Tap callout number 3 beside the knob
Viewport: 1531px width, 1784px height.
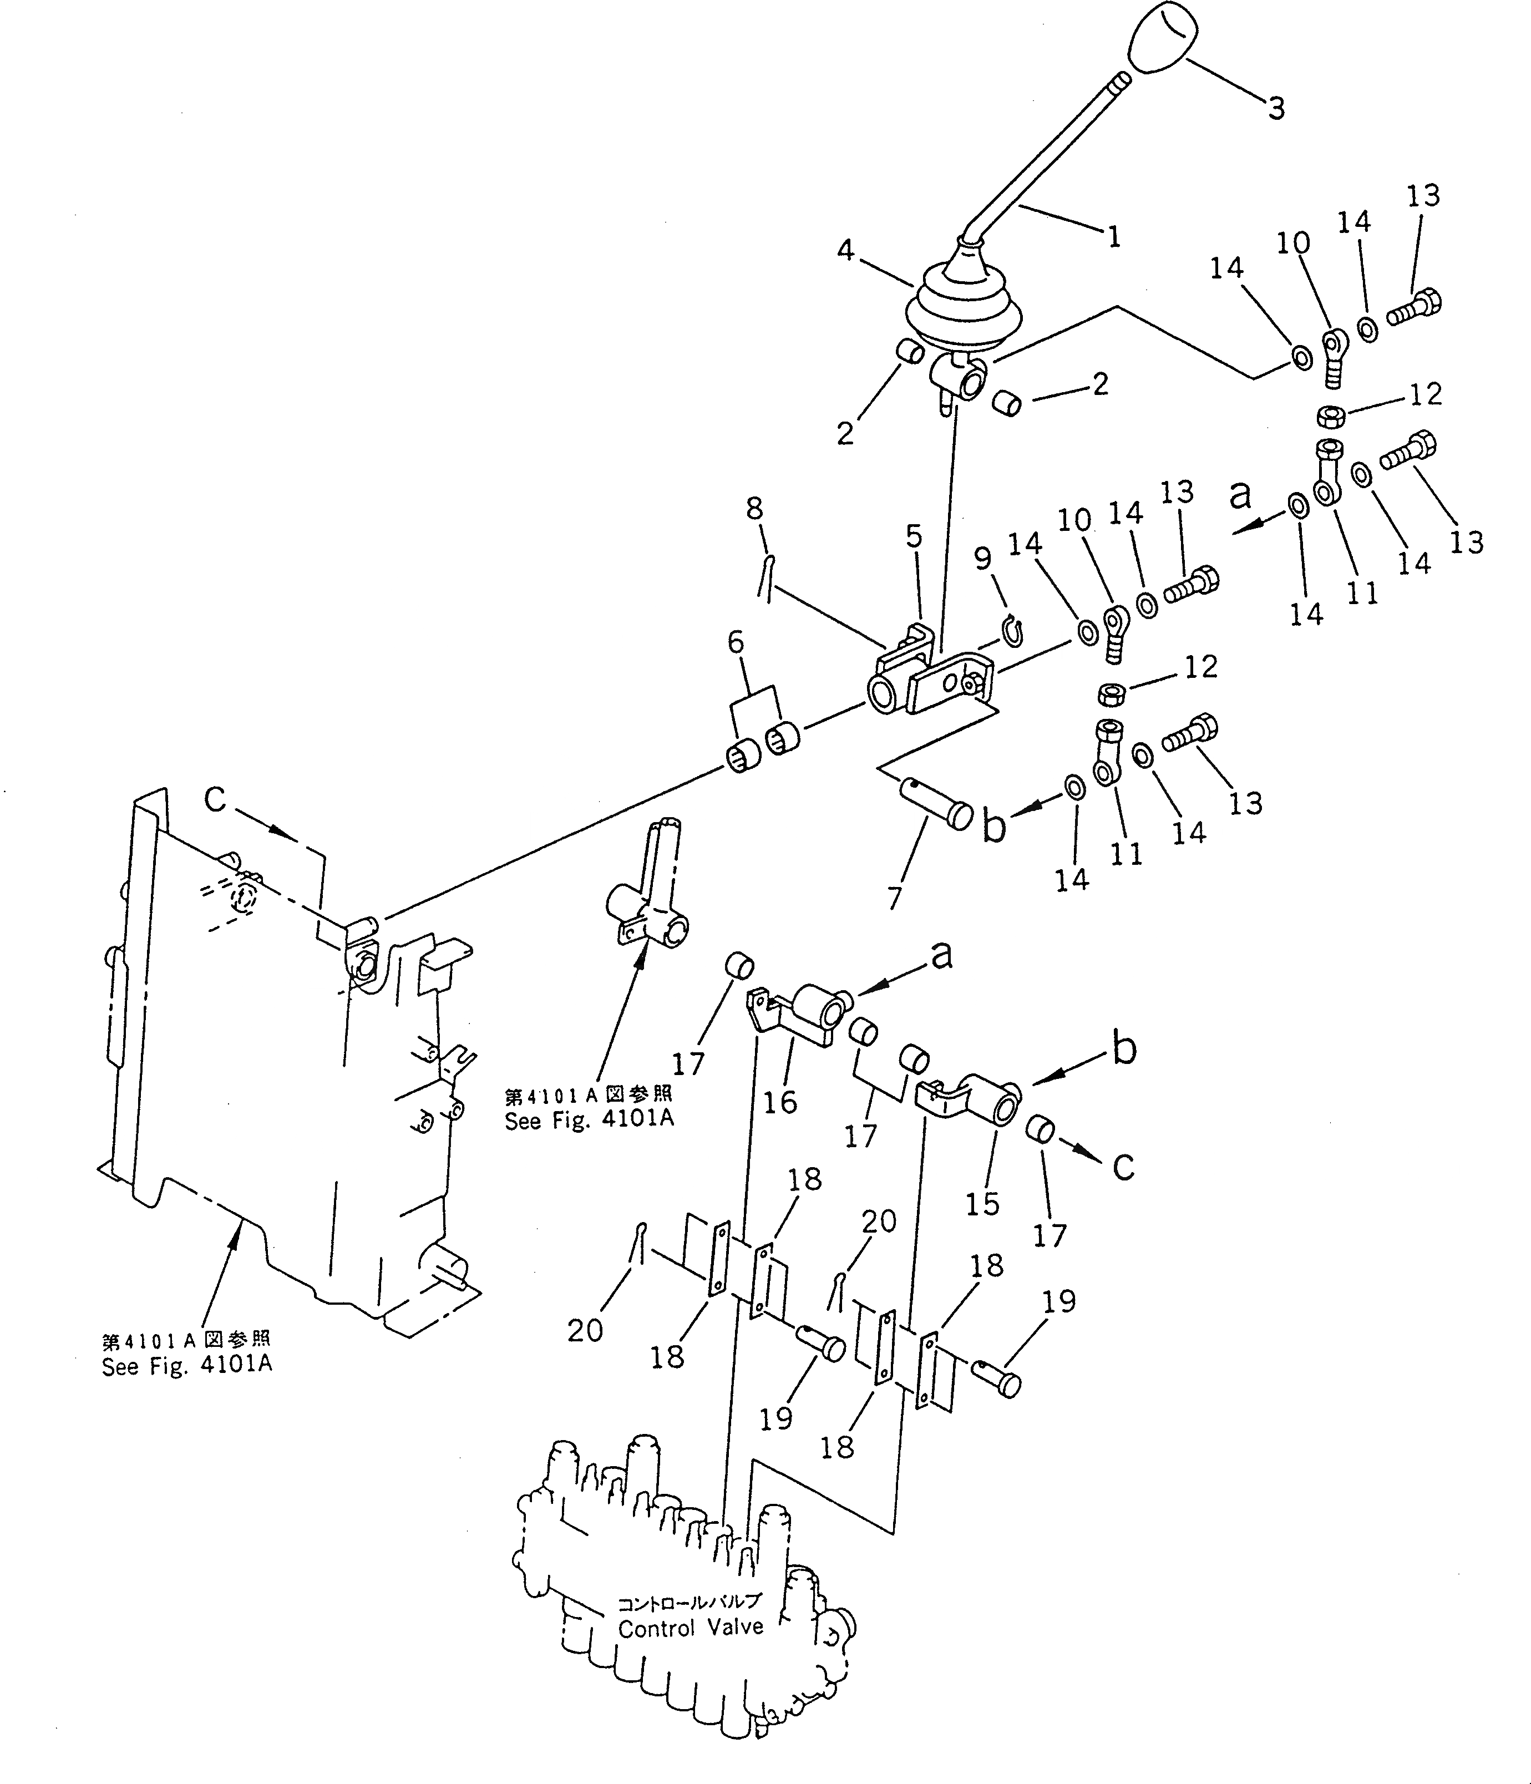[x=1276, y=109]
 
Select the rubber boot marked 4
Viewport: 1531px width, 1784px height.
[x=951, y=310]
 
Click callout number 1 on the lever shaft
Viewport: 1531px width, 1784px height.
[x=1113, y=237]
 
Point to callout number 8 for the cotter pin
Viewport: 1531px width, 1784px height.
[x=754, y=509]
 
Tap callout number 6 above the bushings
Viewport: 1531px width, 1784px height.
[x=736, y=643]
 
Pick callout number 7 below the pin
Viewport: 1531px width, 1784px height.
[x=895, y=898]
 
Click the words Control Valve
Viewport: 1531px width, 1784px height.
[x=691, y=1628]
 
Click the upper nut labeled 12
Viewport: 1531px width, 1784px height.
[x=1330, y=416]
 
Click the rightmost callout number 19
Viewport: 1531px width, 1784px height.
[x=1059, y=1301]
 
